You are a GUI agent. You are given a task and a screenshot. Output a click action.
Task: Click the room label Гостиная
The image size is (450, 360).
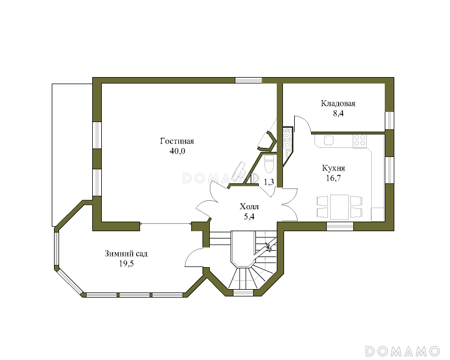pos(177,141)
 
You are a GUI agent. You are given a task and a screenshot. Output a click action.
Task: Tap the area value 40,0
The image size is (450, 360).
pos(177,151)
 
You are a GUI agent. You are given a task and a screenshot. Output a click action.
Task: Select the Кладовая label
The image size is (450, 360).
pos(338,103)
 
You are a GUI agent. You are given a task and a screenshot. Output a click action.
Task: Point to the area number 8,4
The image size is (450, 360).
pos(338,114)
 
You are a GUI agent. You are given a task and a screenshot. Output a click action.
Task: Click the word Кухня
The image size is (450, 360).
pos(334,168)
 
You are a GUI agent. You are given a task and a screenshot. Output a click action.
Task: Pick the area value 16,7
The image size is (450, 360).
pos(334,178)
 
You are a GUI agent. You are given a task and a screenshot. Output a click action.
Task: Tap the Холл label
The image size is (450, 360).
pos(249,206)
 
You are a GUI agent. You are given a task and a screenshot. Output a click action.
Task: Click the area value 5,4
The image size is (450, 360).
pos(249,217)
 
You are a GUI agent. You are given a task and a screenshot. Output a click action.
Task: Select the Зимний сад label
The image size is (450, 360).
pos(126,254)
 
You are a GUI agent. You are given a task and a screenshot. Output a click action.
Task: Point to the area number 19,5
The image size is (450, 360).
pos(126,264)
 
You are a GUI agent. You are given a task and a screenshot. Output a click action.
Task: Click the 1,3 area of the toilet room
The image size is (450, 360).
pos(269,182)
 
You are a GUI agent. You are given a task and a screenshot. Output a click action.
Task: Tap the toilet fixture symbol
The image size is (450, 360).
pos(269,164)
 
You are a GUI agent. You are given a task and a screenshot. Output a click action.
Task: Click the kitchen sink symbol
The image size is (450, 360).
pos(328,141)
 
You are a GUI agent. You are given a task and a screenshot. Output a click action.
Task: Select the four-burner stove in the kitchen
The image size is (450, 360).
pos(359,141)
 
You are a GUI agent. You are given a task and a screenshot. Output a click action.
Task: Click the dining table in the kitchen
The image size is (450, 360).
pos(340,207)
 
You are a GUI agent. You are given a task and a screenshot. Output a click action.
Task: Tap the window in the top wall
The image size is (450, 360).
pos(249,80)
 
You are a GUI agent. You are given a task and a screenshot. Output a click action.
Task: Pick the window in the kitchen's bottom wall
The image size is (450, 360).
pos(340,226)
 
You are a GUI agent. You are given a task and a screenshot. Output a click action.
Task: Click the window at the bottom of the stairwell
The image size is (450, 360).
pos(243,293)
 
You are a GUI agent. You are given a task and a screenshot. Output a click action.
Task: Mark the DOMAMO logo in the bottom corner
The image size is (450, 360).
pos(402,351)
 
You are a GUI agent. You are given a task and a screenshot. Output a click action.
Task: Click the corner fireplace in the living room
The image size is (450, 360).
pos(267,141)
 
